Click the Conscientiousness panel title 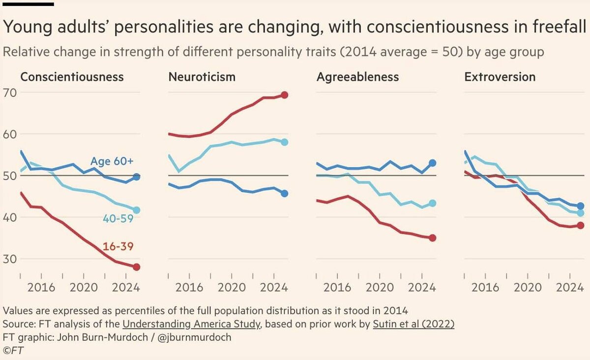point(72,77)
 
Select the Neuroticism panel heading point(202,77)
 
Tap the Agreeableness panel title point(357,77)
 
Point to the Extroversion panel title point(500,77)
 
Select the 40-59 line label point(118,219)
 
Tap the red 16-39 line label point(118,247)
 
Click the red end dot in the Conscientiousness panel point(137,267)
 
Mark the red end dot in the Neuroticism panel point(284,95)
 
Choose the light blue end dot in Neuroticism point(284,142)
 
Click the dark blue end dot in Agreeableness point(432,163)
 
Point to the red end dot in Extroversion point(580,225)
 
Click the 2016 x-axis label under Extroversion point(485,287)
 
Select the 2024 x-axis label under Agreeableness point(422,287)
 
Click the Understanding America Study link point(191,324)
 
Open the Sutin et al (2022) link point(413,324)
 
